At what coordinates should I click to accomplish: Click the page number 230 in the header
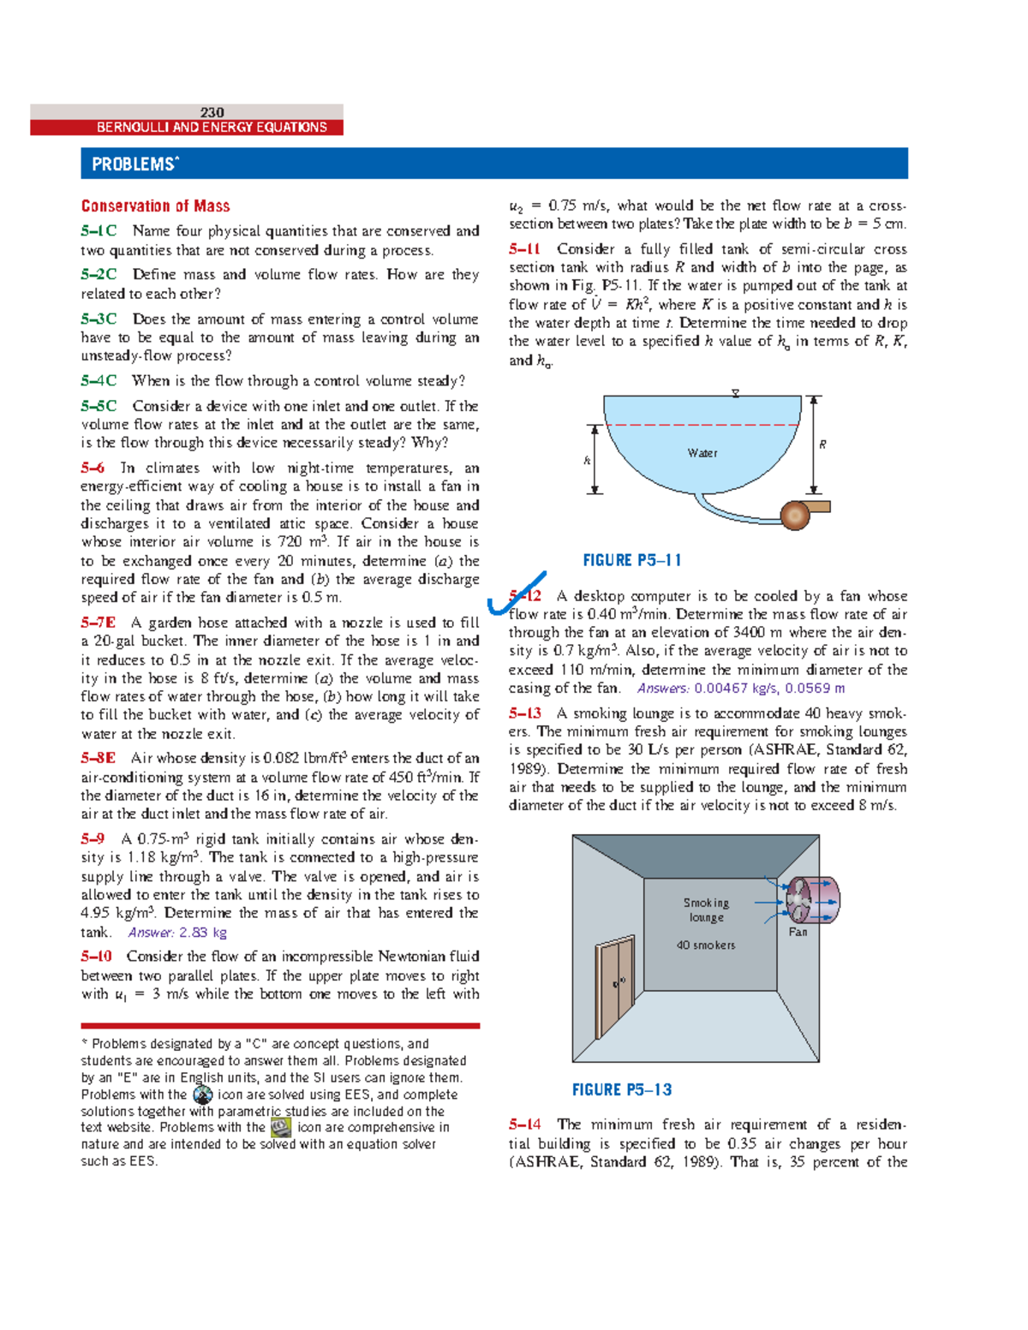(x=212, y=112)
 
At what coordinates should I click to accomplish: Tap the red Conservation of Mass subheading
(x=155, y=206)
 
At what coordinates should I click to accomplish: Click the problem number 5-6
(x=93, y=468)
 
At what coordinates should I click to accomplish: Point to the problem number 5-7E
(x=98, y=623)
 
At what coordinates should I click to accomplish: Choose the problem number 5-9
(x=93, y=839)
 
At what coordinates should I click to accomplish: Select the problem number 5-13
(x=524, y=713)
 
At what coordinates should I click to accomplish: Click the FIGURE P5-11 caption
(x=631, y=561)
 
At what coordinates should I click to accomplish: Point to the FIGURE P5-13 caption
(x=621, y=1090)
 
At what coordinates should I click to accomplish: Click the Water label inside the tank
(x=702, y=453)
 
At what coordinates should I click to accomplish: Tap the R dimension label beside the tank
(x=822, y=444)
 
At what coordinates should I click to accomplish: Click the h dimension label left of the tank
(x=587, y=461)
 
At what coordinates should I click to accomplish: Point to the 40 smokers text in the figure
(x=705, y=945)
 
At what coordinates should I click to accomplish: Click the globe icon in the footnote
(x=203, y=1095)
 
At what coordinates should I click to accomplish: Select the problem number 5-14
(x=524, y=1124)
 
